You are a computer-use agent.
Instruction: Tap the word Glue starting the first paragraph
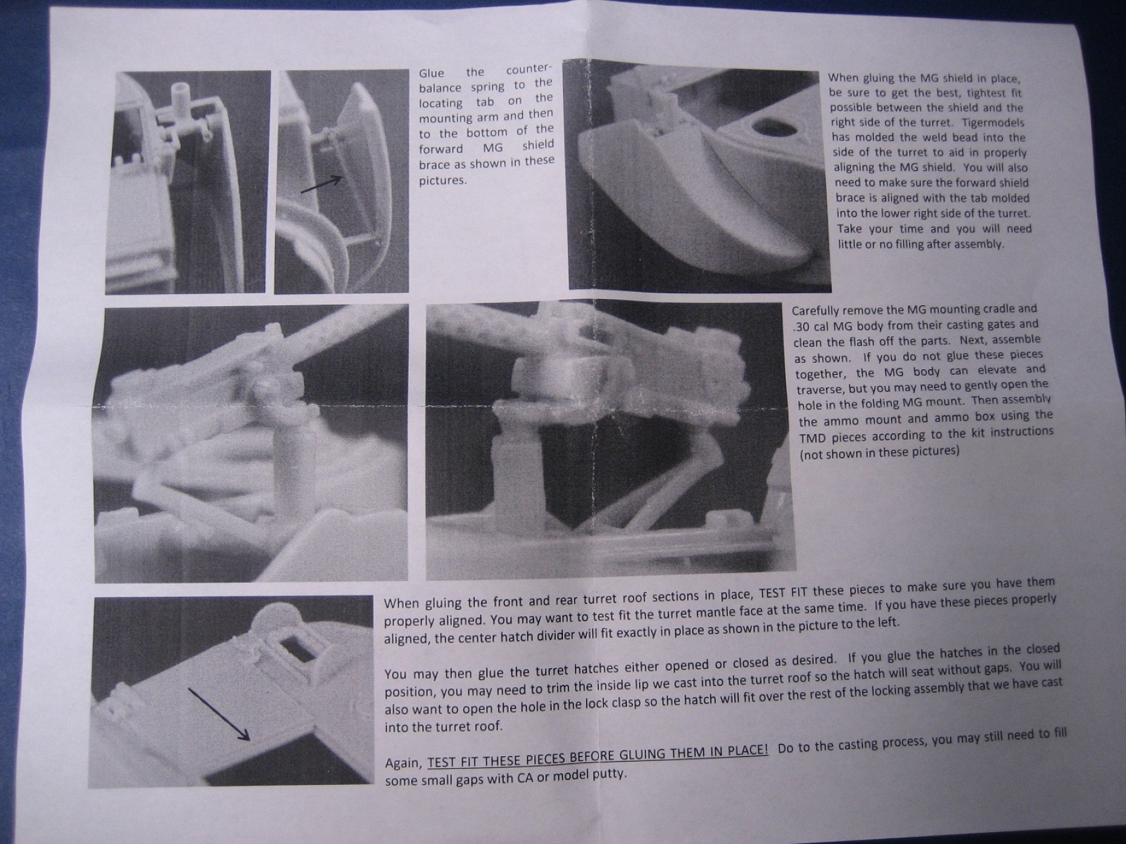coord(431,73)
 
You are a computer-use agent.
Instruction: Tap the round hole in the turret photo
coord(770,127)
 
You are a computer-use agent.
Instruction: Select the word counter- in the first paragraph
coord(529,69)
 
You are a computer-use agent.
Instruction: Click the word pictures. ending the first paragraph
coord(443,181)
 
